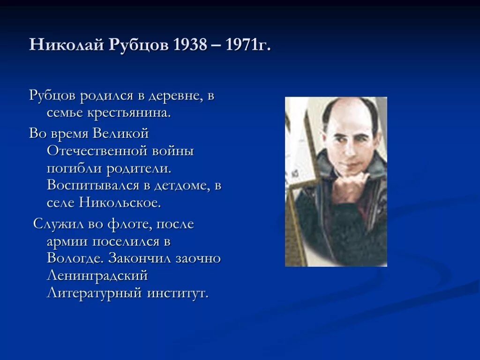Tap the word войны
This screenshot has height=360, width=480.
pos(173,152)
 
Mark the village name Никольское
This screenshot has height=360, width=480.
pos(120,203)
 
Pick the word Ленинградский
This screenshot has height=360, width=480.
pos(97,276)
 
